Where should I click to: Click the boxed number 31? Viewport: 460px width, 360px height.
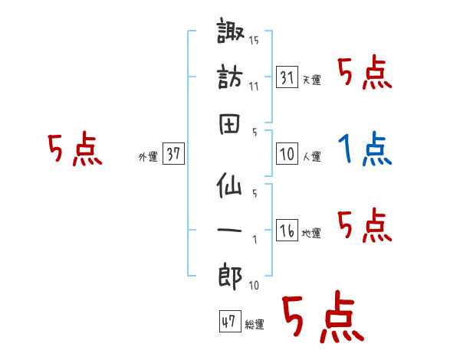tap(287, 77)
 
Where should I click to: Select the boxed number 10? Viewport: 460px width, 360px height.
tap(287, 154)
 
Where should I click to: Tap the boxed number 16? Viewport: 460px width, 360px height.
tap(287, 230)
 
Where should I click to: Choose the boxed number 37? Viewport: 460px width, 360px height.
tap(173, 154)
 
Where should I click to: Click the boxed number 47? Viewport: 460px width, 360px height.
tap(228, 322)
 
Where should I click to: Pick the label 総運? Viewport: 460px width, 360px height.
tap(254, 325)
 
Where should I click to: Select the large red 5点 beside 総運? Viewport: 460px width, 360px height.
tap(322, 318)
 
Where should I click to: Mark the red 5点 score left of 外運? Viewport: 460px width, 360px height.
tap(74, 149)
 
